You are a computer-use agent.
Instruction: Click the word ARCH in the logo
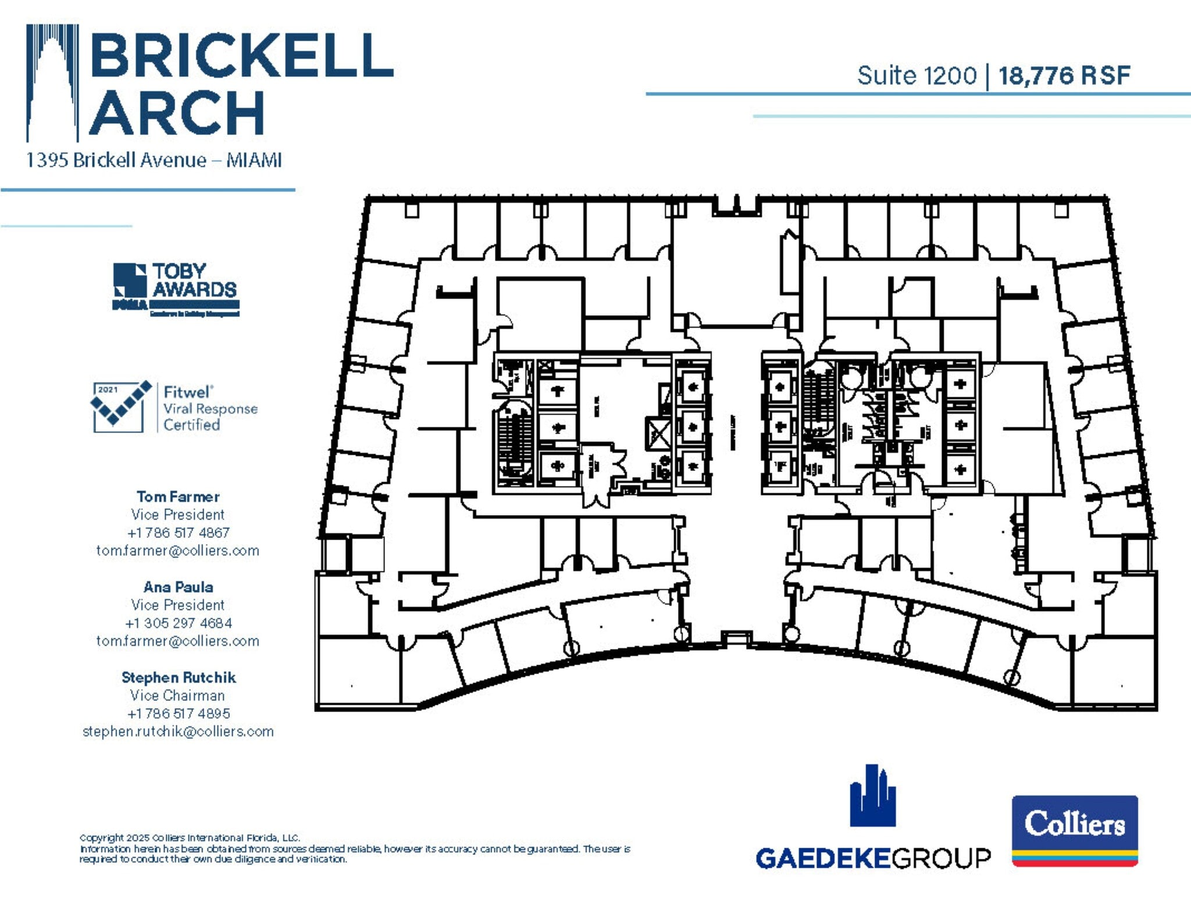tap(177, 113)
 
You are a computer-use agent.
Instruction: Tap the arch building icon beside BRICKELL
tap(52, 81)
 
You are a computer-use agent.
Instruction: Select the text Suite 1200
tap(917, 76)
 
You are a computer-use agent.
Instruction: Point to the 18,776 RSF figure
tap(1064, 76)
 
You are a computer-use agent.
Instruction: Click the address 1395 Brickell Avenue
tap(116, 160)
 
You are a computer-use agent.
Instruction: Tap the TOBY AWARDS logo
tap(176, 289)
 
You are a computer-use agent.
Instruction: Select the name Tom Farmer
tap(178, 497)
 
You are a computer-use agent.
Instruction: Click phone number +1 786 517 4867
tap(178, 533)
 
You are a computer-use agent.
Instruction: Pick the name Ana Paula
tap(178, 587)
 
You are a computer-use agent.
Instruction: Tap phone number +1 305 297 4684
tap(178, 623)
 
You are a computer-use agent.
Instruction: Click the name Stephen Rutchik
tap(178, 677)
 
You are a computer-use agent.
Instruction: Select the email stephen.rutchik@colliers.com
tap(178, 731)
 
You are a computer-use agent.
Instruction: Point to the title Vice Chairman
tap(177, 695)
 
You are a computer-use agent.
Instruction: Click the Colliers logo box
tap(1075, 830)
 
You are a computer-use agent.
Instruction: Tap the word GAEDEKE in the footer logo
tap(823, 859)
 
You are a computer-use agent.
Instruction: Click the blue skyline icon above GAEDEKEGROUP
tap(872, 797)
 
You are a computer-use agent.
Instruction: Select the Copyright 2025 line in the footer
tap(190, 838)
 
